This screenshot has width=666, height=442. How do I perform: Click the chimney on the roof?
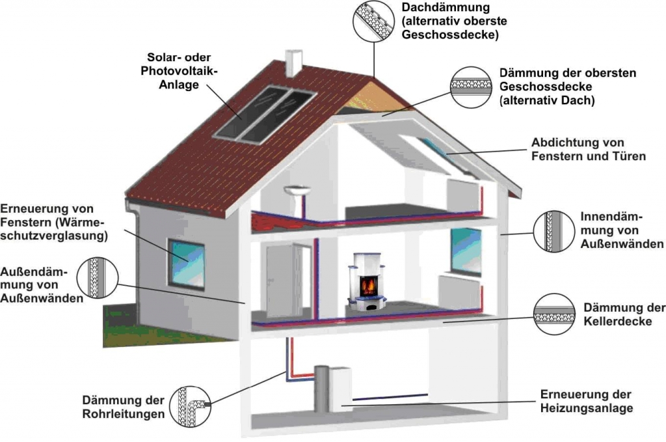tap(294, 62)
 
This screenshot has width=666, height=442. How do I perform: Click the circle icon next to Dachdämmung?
tap(373, 21)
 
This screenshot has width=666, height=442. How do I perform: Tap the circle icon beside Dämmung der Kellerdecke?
tap(554, 314)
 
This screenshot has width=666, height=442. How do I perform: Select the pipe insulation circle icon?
tap(190, 406)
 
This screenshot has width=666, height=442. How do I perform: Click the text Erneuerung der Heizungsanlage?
tap(586, 402)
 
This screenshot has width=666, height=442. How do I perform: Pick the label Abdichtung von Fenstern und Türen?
tap(588, 149)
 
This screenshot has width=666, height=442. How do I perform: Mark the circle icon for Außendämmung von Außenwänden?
tap(98, 278)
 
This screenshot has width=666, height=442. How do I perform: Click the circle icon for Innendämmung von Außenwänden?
tap(553, 231)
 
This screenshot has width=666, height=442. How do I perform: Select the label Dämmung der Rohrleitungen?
tap(123, 407)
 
